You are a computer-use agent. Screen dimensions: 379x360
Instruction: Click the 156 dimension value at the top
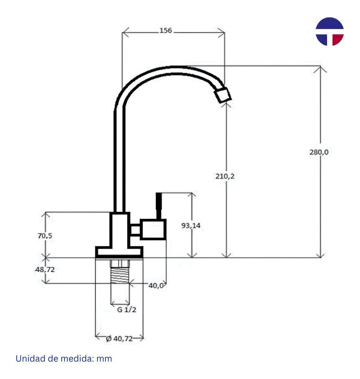[x=166, y=31]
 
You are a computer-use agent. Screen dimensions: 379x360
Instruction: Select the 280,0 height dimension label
[x=319, y=152]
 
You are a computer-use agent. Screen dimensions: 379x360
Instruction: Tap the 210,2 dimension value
[x=225, y=177]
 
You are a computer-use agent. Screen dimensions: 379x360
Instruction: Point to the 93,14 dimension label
[x=191, y=226]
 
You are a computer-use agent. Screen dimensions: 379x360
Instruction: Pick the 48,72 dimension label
[x=45, y=269]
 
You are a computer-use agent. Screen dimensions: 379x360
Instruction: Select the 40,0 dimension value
[x=156, y=286]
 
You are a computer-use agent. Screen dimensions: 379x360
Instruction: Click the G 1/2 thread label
[x=127, y=310]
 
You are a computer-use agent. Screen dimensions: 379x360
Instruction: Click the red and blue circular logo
[x=329, y=31]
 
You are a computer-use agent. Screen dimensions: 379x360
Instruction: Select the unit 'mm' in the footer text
[x=104, y=359]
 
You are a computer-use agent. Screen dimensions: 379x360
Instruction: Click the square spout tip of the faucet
[x=223, y=95]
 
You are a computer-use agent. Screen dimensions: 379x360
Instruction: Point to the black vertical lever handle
[x=159, y=206]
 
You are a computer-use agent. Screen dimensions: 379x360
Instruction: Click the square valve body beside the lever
[x=154, y=230]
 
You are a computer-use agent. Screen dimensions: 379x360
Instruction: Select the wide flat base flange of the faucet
[x=119, y=252]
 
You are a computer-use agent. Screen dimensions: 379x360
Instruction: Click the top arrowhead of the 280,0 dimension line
[x=321, y=68]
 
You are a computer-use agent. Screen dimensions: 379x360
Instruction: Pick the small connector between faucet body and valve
[x=135, y=230]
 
